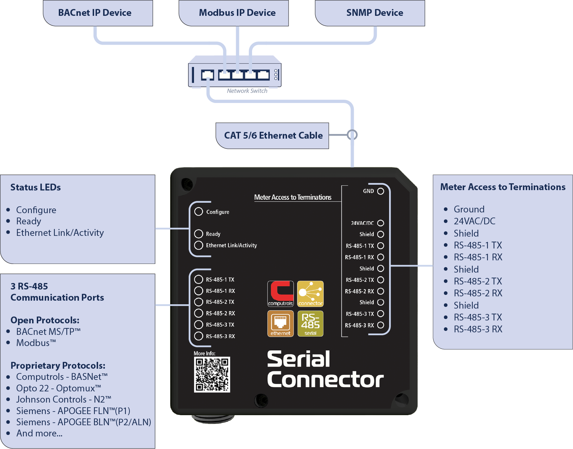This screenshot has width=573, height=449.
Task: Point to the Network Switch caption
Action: coord(247,91)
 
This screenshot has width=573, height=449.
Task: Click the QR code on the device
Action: coord(212,374)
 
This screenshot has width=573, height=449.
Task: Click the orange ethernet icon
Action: coord(281,323)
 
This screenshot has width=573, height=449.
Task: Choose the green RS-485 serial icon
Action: coord(310,323)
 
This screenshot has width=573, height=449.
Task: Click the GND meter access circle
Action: coord(380,191)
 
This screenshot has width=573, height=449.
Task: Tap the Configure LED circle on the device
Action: coord(199,211)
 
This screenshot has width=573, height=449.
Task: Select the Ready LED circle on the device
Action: coord(199,234)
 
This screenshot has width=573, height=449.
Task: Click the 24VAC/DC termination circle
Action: coord(380,223)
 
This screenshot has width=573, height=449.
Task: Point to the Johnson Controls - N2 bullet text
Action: coord(63,399)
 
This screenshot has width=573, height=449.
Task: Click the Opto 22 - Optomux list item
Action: coord(58,388)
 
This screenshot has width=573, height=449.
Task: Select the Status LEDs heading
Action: coord(35,187)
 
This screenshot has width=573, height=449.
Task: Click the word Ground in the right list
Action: coord(469,209)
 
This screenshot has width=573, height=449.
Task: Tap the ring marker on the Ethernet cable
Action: coord(352,135)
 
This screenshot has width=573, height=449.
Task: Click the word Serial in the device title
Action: coord(299,359)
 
